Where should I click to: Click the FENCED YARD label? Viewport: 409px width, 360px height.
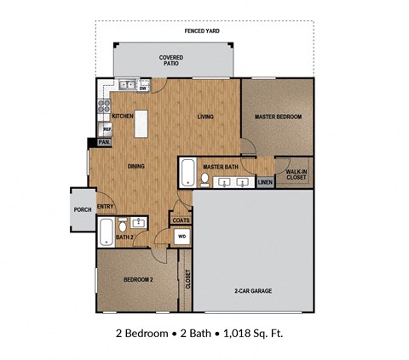click(x=202, y=31)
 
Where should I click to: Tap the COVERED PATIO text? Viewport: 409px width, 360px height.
click(x=171, y=60)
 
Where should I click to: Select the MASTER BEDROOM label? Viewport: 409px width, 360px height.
click(x=278, y=117)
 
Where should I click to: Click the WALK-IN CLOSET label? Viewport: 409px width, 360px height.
click(x=297, y=174)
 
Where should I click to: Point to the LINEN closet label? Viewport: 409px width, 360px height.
click(x=265, y=182)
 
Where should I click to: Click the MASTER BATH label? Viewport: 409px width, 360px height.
click(x=219, y=166)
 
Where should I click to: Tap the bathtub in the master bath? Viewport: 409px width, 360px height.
click(x=187, y=174)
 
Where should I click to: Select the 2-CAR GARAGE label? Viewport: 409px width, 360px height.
click(x=253, y=291)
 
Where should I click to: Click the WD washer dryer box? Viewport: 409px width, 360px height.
click(x=181, y=237)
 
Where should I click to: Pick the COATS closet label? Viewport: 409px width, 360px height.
click(x=181, y=220)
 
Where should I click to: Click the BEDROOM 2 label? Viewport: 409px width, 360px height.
click(x=137, y=279)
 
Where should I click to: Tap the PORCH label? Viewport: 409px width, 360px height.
click(x=83, y=210)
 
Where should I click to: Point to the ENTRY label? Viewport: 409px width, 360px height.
click(x=106, y=207)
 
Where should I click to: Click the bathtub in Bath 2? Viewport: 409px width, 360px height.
click(x=105, y=231)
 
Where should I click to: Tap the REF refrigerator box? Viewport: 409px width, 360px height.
click(x=107, y=129)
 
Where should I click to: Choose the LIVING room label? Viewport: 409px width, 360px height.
click(x=205, y=117)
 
